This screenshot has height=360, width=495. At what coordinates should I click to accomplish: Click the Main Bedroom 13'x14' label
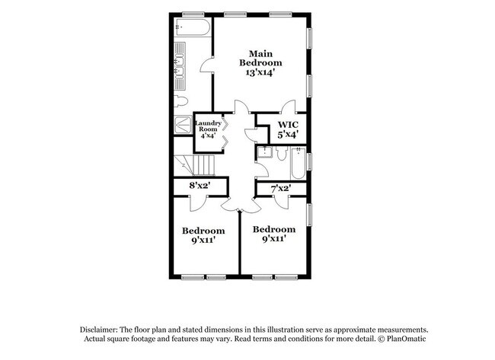(260, 62)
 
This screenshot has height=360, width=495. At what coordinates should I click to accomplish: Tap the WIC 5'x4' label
(287, 129)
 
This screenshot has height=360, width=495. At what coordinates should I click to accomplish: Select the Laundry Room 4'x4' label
(208, 129)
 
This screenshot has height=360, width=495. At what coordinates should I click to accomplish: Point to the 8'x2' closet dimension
(200, 186)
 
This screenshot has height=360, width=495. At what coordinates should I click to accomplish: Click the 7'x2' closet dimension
(281, 186)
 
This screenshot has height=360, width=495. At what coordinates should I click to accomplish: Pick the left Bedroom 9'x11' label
(203, 235)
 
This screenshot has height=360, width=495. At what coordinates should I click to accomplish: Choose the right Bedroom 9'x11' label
(274, 234)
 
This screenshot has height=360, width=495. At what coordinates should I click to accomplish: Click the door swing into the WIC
(288, 107)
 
